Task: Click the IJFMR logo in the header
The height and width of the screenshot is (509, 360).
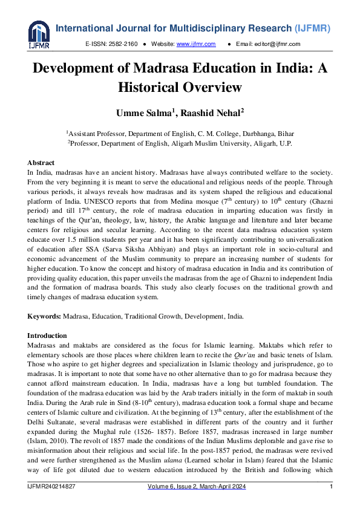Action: (38, 34)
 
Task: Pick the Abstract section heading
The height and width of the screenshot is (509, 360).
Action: (41, 163)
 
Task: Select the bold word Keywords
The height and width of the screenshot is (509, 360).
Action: (44, 316)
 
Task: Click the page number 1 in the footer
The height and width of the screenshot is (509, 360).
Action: (331, 487)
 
